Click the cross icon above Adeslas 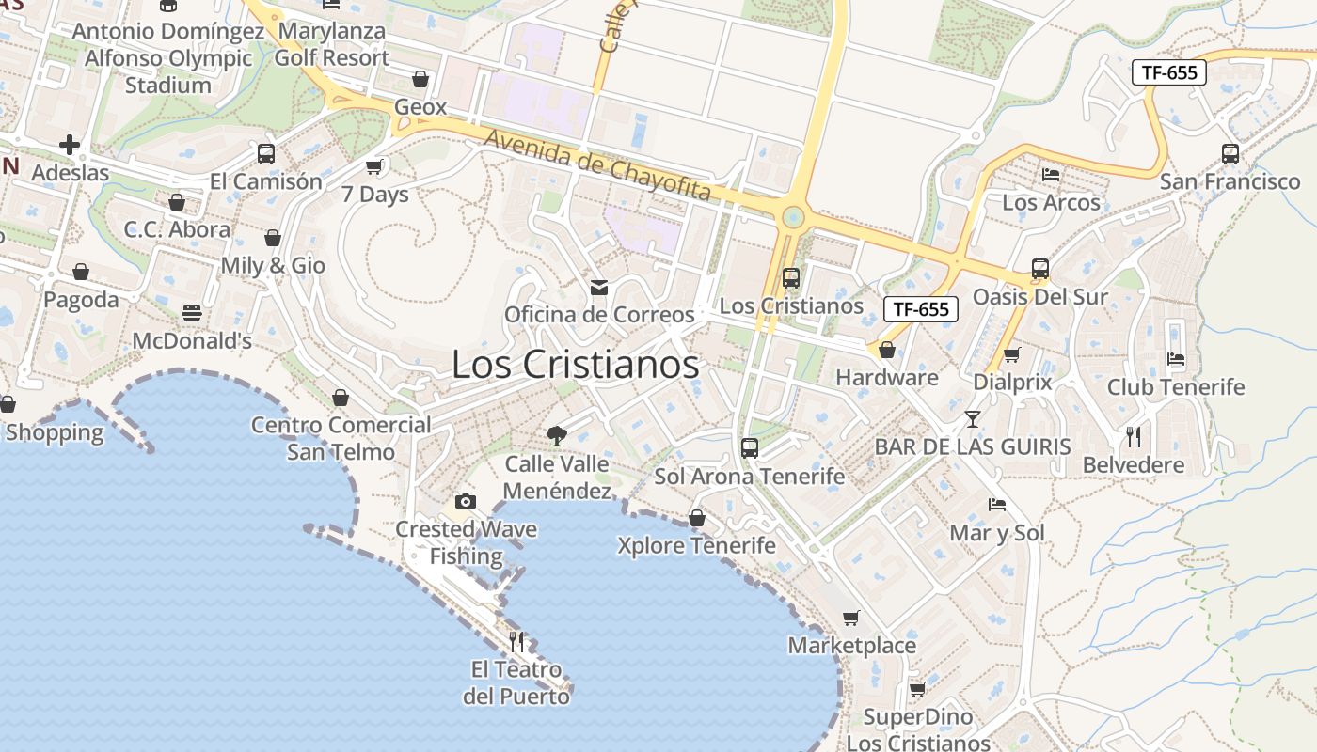click(x=70, y=145)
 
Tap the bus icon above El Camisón click(x=266, y=154)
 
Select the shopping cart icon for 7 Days click(x=374, y=167)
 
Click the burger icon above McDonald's click(x=192, y=313)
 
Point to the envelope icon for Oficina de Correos click(x=598, y=287)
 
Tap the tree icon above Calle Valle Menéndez click(x=557, y=435)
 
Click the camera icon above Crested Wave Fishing click(x=466, y=501)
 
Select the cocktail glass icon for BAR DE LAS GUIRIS click(x=973, y=419)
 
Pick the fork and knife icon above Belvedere click(x=1134, y=437)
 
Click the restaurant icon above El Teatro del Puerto click(x=516, y=642)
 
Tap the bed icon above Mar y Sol click(x=997, y=505)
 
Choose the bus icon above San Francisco click(x=1230, y=154)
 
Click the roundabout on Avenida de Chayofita click(x=793, y=218)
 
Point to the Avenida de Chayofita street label click(x=597, y=165)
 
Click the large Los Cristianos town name click(x=575, y=365)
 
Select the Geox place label click(x=420, y=107)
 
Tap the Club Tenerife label click(x=1176, y=387)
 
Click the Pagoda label click(x=81, y=301)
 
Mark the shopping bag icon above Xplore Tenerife click(x=697, y=518)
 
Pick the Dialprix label click(x=1012, y=383)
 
